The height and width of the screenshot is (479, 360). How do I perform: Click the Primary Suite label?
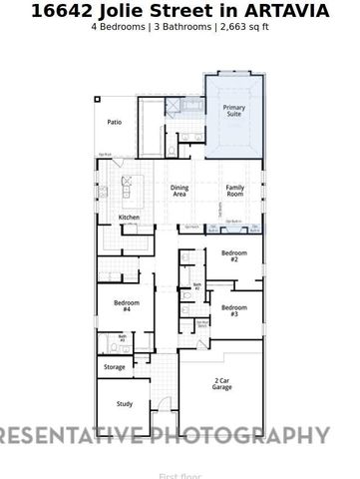(233, 111)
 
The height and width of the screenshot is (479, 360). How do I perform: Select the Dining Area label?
(180, 191)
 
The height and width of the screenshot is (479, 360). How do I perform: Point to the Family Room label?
(235, 191)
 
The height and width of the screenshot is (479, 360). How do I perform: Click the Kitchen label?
(130, 218)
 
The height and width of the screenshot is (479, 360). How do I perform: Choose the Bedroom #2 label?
(234, 256)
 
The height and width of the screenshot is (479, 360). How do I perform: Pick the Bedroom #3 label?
(234, 310)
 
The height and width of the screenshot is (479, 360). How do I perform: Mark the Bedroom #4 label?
(127, 305)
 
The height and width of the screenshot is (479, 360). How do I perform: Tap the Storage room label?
(115, 367)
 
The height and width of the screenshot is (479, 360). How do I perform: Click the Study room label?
(124, 404)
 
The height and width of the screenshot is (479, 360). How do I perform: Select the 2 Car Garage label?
(222, 384)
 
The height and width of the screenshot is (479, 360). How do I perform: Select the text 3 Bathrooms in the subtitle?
(181, 27)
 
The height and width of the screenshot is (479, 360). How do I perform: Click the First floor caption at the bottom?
(180, 476)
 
